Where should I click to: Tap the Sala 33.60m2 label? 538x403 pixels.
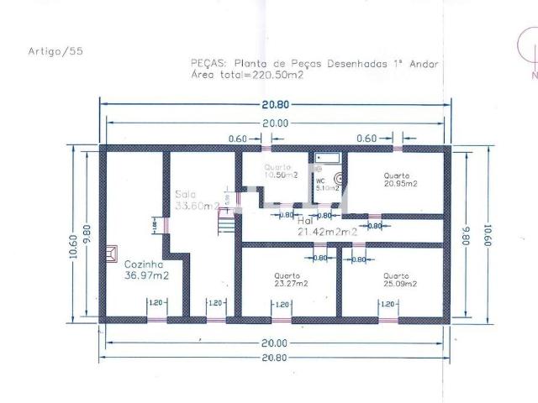pos(196,199)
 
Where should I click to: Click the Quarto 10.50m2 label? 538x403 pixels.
pos(281,171)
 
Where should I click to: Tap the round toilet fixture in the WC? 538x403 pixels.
pos(339,178)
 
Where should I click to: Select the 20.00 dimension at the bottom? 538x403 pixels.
pos(275,343)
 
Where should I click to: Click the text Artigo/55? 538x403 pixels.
pos(55,50)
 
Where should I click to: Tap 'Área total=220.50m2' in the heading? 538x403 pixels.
pos(247,75)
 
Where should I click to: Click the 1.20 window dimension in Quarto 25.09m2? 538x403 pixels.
pos(388,303)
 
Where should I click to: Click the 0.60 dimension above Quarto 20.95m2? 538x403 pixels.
pos(366,139)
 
